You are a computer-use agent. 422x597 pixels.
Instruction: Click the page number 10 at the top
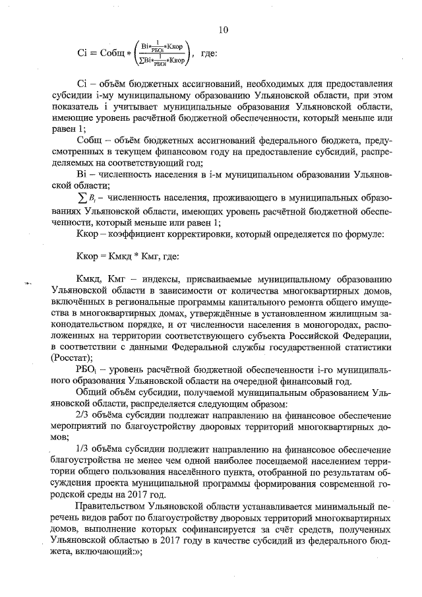point(223,30)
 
